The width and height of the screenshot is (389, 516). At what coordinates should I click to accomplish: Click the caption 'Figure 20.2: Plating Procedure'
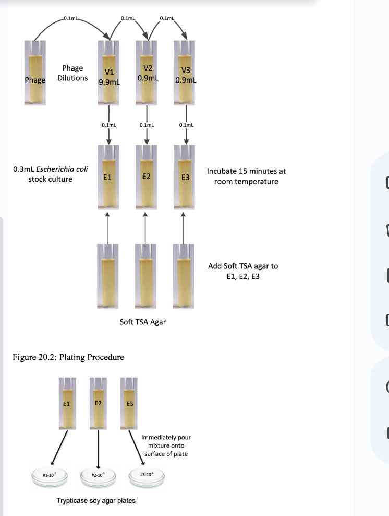coord(67,357)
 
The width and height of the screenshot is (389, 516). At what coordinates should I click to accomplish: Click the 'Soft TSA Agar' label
coord(142,322)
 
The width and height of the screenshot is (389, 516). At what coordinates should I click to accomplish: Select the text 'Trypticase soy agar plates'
coord(96,500)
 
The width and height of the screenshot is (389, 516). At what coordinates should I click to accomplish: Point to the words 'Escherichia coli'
coord(54,170)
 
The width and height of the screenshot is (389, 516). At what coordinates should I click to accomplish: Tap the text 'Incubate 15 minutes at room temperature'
coord(246,176)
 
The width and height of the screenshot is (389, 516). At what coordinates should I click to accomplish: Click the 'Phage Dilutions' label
coord(72,74)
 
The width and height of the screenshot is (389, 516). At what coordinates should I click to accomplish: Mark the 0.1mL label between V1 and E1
coord(108,125)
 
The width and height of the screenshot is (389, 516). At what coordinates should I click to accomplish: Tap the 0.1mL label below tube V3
coord(186,125)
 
